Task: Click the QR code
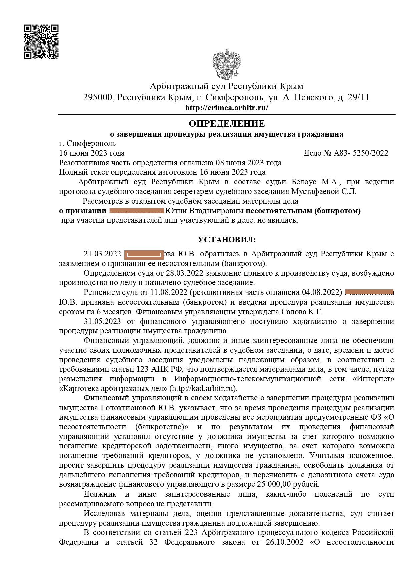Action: pyautogui.click(x=41, y=42)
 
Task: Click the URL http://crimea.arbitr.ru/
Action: pyautogui.click(x=227, y=108)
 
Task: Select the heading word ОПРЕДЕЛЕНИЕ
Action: pyautogui.click(x=227, y=124)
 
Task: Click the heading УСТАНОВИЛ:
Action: pyautogui.click(x=227, y=240)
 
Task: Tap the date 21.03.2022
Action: pyautogui.click(x=102, y=254)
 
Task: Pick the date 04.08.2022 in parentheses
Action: pyautogui.click(x=320, y=292)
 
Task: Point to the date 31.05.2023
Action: pyautogui.click(x=102, y=322)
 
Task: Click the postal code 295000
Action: pyautogui.click(x=98, y=97)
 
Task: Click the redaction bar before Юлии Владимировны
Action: pyautogui.click(x=136, y=211)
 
